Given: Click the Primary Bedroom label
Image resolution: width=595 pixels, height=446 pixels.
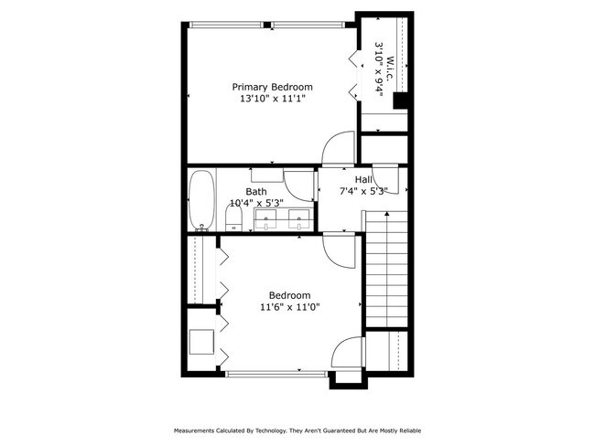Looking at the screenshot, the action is coord(272,87).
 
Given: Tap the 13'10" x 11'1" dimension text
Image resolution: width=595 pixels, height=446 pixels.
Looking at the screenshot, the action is coord(272,99).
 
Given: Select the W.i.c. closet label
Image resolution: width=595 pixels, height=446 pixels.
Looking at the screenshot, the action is coord(390,69).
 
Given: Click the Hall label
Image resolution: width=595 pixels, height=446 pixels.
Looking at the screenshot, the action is coord(363,179).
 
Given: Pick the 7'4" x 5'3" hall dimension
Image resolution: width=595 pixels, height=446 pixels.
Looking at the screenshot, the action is coord(363,191).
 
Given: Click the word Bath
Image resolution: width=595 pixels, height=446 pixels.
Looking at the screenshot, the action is coord(256,191).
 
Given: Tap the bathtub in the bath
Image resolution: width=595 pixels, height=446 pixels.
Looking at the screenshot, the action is coord(202,200).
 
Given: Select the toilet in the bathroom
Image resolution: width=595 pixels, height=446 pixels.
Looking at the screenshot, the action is coord(233,218).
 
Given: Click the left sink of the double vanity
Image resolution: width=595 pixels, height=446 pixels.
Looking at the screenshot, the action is coord(265,219).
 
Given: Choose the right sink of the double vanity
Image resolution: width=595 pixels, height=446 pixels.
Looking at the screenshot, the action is coord(299,219).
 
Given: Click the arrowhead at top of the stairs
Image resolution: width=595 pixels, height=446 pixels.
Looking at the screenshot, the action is coord(386,214).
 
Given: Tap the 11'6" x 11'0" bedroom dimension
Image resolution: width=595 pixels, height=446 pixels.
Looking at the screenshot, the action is coord(290,307).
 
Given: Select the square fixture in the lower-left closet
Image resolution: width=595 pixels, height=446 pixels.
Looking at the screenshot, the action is coord(202,342).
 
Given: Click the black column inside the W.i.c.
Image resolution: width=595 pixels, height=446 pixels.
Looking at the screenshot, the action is coord(400,101).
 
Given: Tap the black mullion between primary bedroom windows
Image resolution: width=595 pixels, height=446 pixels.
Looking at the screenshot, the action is coord(267,25).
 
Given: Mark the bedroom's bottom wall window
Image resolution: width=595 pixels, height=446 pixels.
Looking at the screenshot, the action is coord(276,374).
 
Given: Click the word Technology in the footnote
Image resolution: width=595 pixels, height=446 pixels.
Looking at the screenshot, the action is coord(271,430).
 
